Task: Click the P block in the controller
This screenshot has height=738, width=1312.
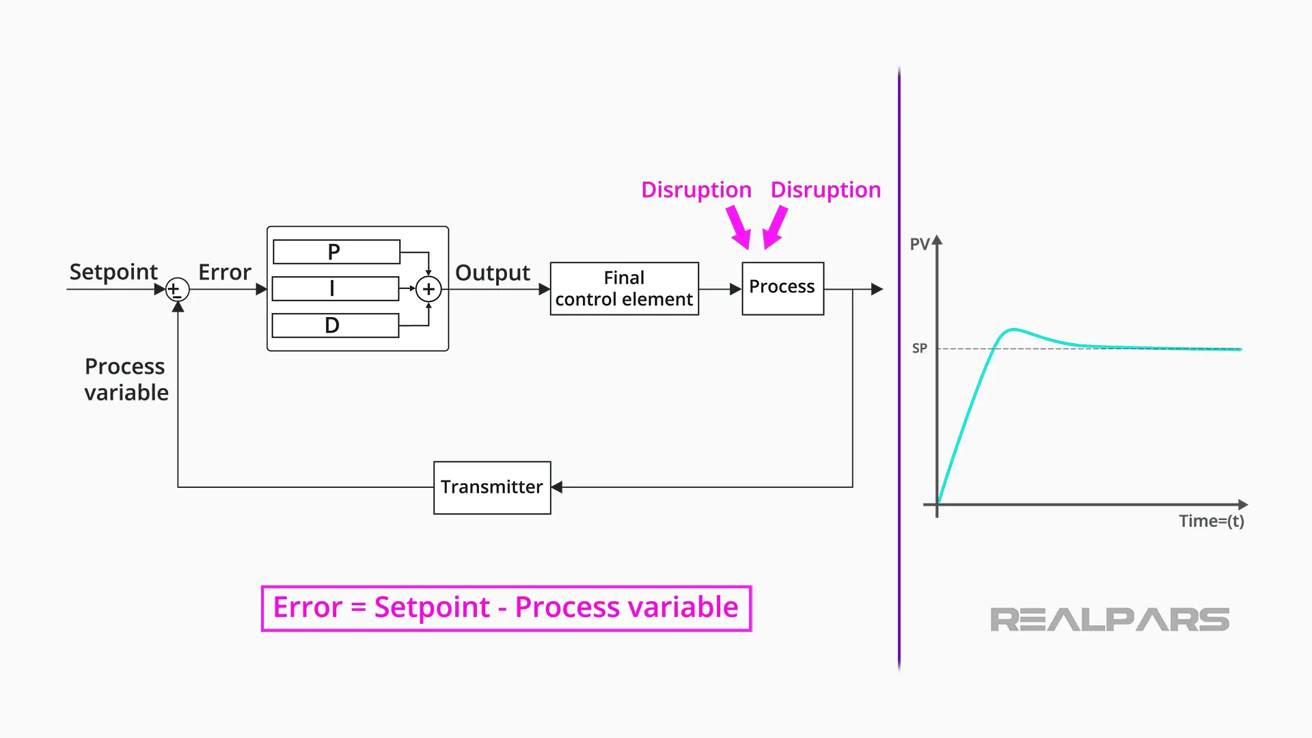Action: click(336, 251)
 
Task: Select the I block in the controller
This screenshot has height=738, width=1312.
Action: click(335, 288)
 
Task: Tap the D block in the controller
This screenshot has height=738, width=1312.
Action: click(335, 325)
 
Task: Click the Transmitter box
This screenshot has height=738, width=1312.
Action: click(492, 487)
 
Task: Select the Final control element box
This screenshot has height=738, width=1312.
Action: click(624, 288)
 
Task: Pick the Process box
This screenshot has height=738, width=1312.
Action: click(782, 288)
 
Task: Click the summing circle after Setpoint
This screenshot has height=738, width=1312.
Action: click(178, 290)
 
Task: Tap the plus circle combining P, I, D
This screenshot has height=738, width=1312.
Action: click(428, 289)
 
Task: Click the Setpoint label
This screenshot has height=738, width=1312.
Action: click(113, 272)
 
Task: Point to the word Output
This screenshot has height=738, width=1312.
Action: click(492, 273)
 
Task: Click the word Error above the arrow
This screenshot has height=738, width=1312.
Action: click(224, 272)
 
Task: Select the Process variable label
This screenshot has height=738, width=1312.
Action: click(126, 379)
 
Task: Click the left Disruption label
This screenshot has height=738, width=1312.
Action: click(696, 190)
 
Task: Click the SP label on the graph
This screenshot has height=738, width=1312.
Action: click(919, 348)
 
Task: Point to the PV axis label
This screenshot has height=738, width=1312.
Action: click(919, 245)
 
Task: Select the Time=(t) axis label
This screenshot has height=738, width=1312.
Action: click(1211, 521)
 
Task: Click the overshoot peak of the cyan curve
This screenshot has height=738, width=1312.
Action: click(1013, 329)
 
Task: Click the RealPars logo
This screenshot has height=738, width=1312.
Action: click(1109, 619)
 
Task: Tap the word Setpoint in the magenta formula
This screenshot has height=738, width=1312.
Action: click(432, 607)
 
